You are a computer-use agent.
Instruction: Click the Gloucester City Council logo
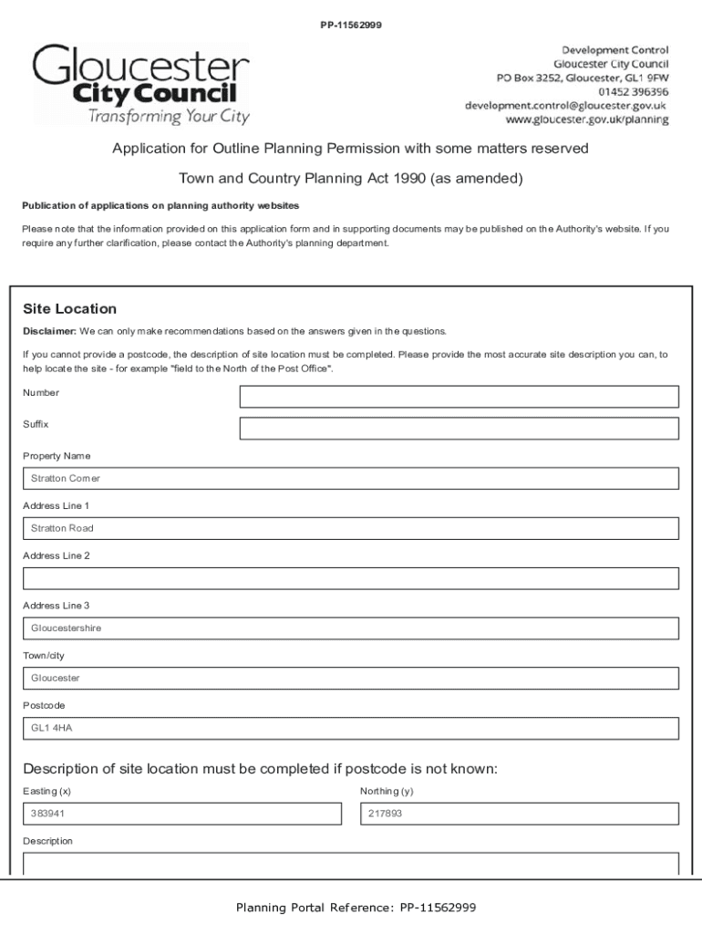[x=141, y=85]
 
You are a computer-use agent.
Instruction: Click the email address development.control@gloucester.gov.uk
[x=566, y=106]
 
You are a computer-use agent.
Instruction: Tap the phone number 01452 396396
[x=634, y=92]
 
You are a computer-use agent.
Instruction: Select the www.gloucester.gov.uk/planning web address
[x=587, y=120]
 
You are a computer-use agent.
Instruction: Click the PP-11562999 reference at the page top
[x=350, y=25]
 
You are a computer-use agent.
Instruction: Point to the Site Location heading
[x=69, y=309]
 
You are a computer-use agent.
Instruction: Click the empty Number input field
[x=459, y=397]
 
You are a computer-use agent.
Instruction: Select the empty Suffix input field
[x=459, y=429]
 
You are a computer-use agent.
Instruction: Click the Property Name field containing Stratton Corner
[x=350, y=479]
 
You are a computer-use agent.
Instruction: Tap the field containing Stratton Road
[x=350, y=529]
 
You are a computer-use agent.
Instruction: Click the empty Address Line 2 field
[x=350, y=578]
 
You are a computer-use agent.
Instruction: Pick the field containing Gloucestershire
[x=350, y=628]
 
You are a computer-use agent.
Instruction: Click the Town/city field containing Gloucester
[x=350, y=679]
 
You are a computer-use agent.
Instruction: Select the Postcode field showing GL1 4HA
[x=350, y=729]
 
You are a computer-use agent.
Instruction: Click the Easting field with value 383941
[x=181, y=814]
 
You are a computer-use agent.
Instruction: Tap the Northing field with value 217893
[x=519, y=814]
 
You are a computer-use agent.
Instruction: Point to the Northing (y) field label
[x=387, y=792]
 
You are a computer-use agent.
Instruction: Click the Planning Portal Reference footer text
[x=356, y=908]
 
